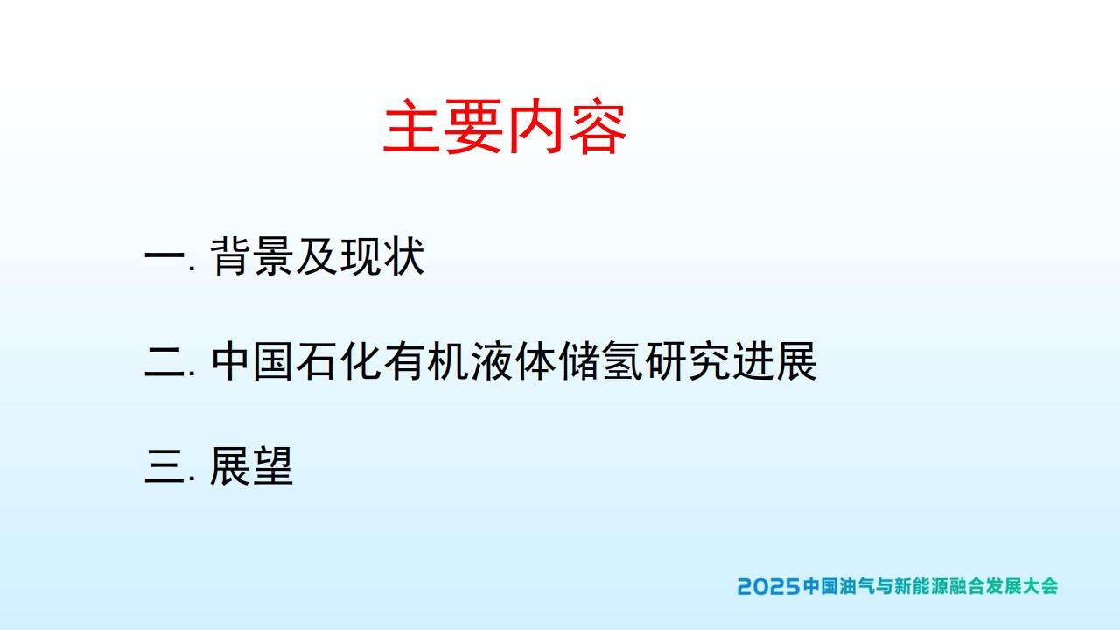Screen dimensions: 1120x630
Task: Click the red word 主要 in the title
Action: pyautogui.click(x=443, y=126)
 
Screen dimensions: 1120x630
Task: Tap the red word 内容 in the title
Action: pyautogui.click(x=567, y=126)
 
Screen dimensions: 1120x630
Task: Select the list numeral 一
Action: pyautogui.click(x=164, y=256)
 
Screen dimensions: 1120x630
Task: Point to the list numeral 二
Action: pyautogui.click(x=164, y=361)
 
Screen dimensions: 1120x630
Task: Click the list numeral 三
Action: pyautogui.click(x=164, y=466)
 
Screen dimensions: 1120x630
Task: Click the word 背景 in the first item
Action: pyautogui.click(x=251, y=256)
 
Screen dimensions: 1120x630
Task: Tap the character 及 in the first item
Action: pyautogui.click(x=316, y=256)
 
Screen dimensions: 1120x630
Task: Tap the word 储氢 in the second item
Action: pyautogui.click(x=599, y=361)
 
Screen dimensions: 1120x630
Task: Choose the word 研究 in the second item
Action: pyautogui.click(x=686, y=361)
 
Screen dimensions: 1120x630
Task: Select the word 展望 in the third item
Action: pyautogui.click(x=251, y=466)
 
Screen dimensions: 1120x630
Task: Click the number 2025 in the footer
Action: pyautogui.click(x=768, y=586)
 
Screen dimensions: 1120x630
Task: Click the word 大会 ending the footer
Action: pyautogui.click(x=1040, y=586)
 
